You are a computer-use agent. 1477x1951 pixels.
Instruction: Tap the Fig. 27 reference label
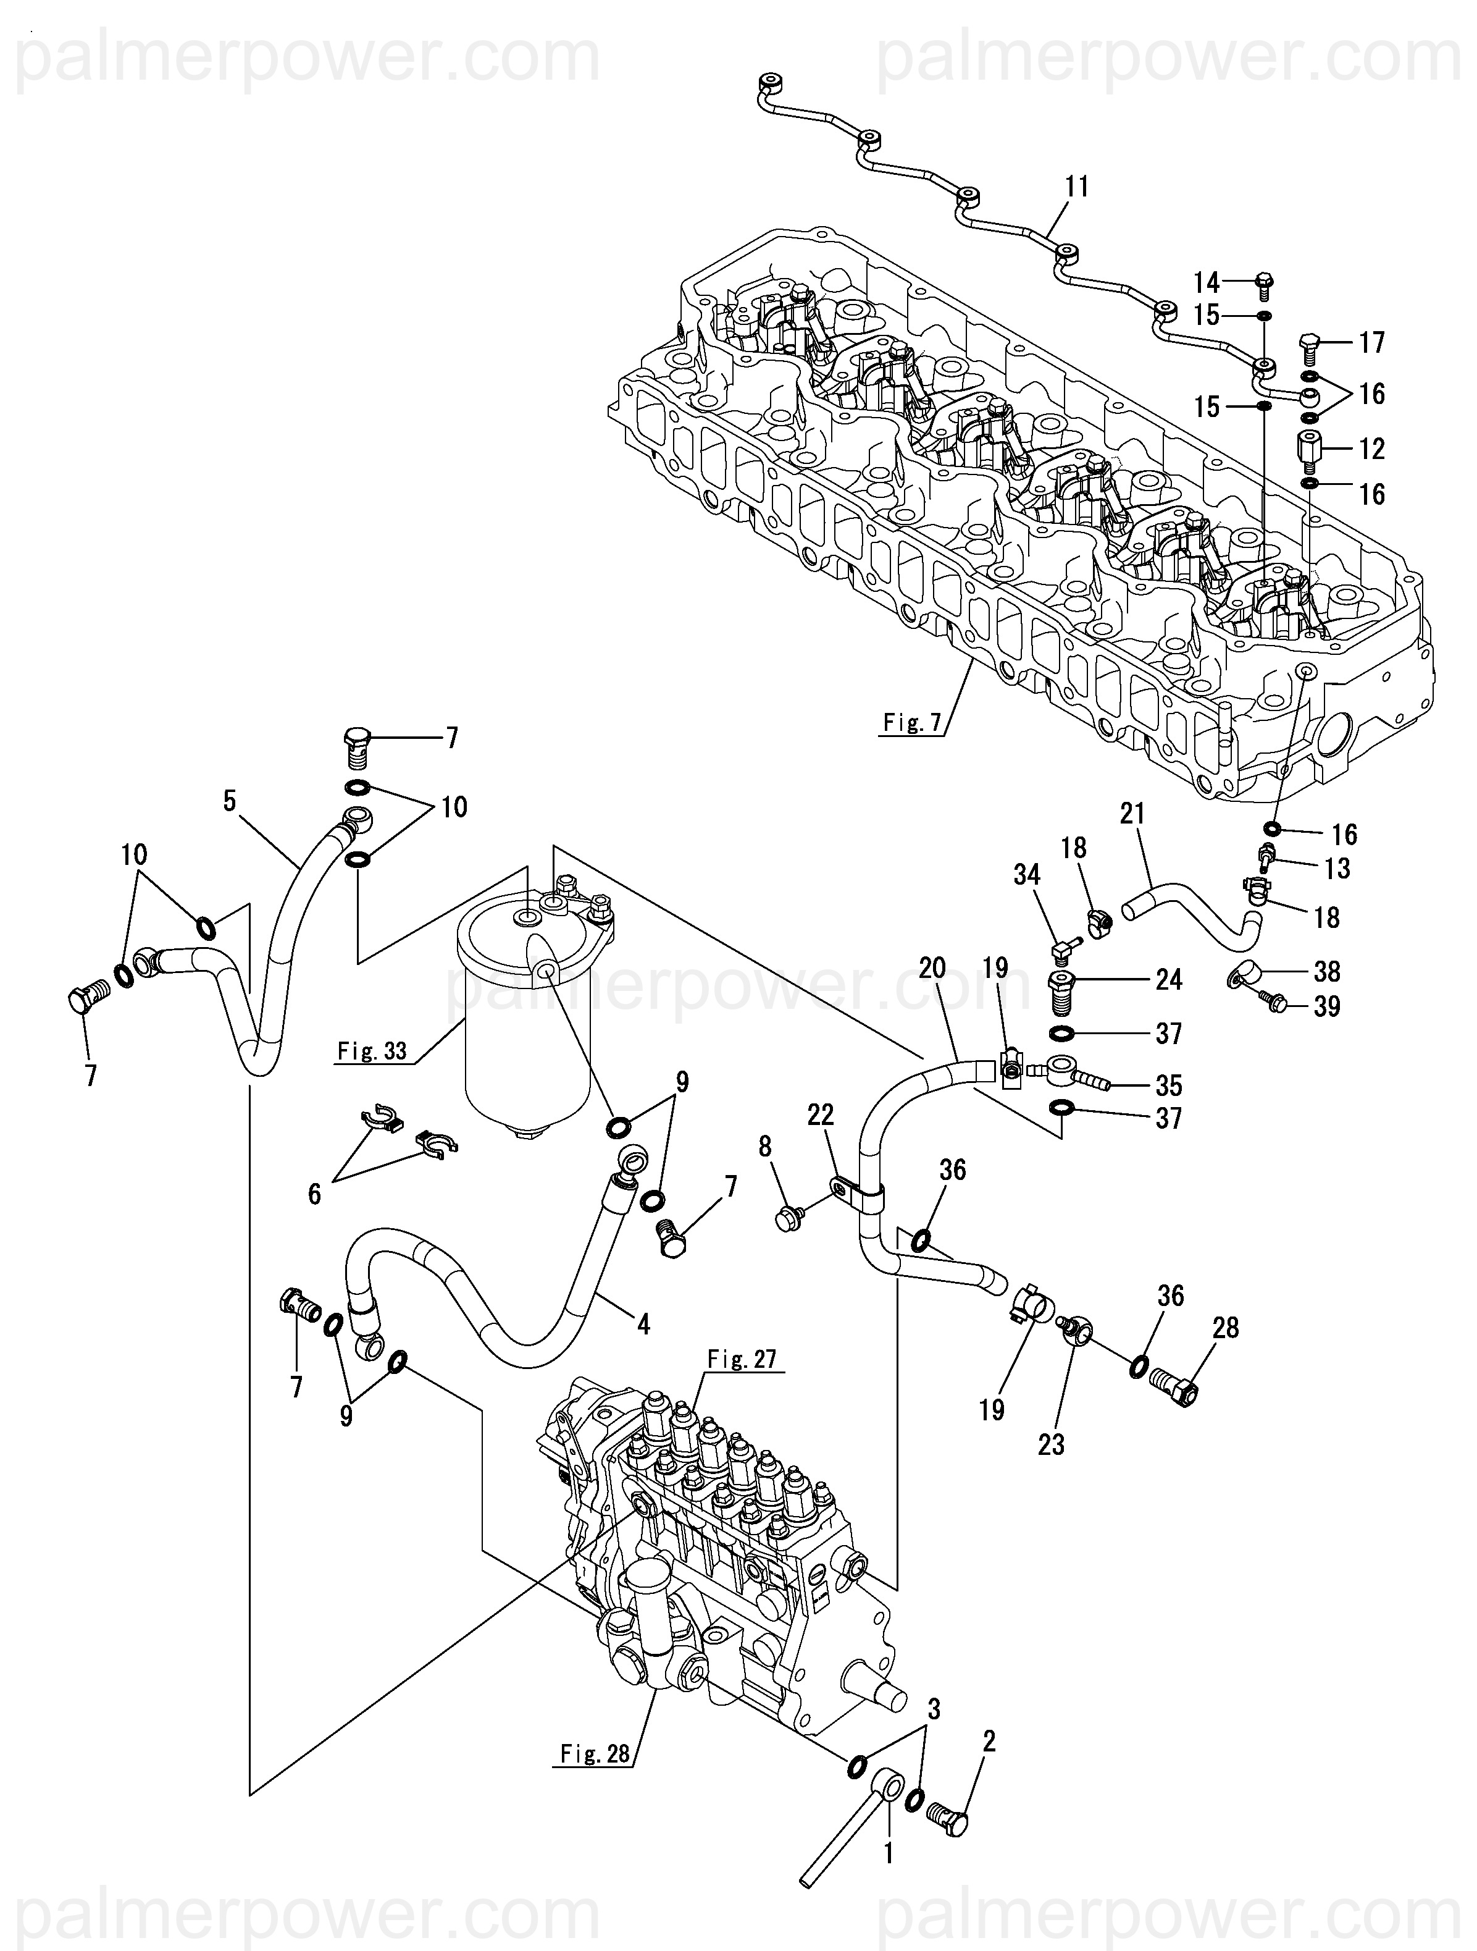[741, 1359]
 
